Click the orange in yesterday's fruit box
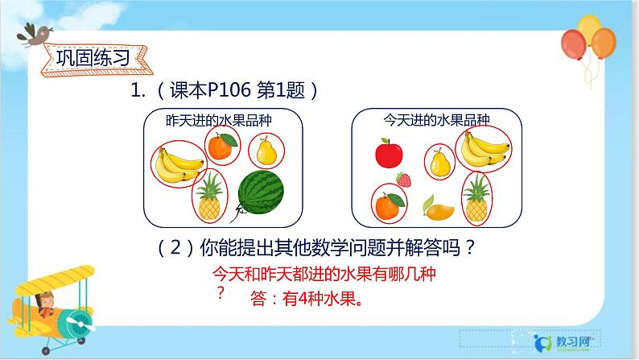pos(221,146)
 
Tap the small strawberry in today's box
pos(404,180)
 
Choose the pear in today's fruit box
pos(439,163)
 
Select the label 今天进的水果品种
pos(427,120)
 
